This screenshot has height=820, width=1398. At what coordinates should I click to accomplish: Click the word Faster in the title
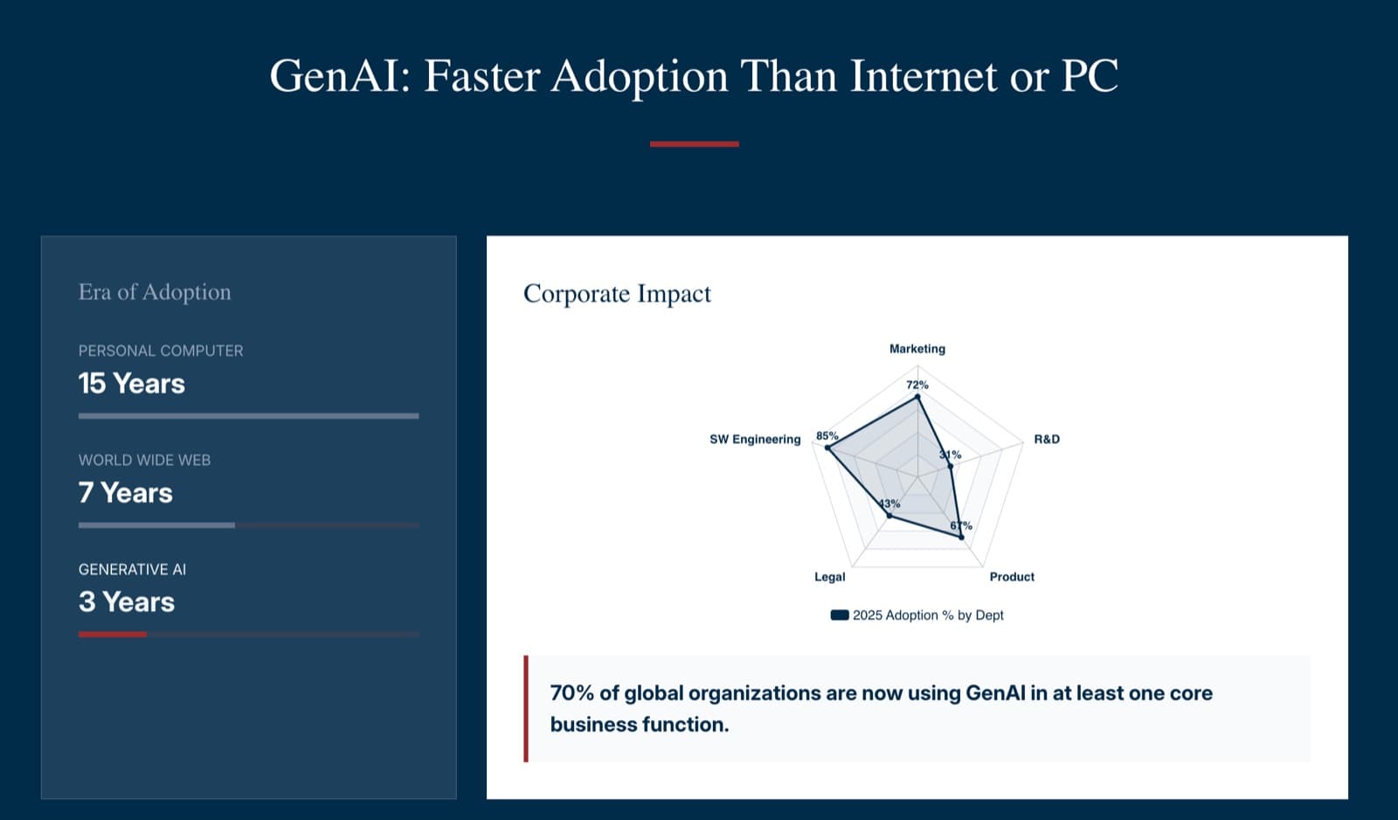[x=481, y=76]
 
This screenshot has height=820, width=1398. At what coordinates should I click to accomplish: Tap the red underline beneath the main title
[x=694, y=144]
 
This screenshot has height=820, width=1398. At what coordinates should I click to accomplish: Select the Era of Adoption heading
[x=155, y=292]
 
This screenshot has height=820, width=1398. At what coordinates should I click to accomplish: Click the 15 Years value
[x=131, y=384]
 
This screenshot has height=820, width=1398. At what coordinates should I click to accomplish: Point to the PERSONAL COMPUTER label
[x=161, y=351]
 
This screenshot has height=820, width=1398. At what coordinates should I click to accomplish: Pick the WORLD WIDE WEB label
[x=144, y=460]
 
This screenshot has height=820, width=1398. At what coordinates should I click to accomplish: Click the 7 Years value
[x=125, y=493]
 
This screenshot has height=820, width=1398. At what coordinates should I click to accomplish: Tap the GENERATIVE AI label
[x=132, y=569]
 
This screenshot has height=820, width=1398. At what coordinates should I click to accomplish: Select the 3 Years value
[x=126, y=602]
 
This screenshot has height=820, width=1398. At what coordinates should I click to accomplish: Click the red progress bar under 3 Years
[x=113, y=635]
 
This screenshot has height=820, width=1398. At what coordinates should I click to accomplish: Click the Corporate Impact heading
[x=617, y=294]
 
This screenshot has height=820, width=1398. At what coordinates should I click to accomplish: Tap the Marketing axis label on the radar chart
[x=917, y=349]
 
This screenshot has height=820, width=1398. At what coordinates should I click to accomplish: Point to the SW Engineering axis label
[x=754, y=439]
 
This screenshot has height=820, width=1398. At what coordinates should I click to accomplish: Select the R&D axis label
[x=1046, y=439]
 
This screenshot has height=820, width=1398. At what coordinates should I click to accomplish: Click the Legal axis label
[x=829, y=577]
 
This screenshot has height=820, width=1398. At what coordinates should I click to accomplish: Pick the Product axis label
[x=1011, y=577]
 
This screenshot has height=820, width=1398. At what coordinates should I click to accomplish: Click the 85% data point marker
[x=827, y=448]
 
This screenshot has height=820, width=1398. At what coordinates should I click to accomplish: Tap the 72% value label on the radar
[x=917, y=385]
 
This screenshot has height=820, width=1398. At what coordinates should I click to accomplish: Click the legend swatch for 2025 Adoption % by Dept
[x=840, y=615]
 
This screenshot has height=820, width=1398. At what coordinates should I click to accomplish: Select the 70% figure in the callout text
[x=571, y=693]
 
